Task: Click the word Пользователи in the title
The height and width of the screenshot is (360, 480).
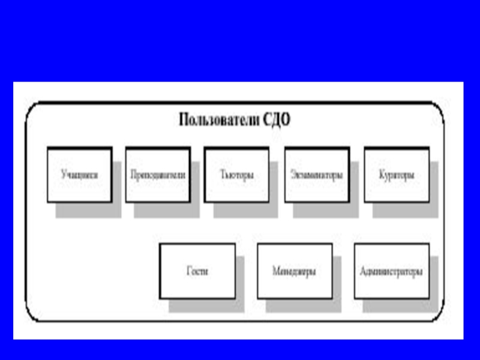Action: (219, 119)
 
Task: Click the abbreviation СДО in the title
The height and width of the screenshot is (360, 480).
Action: (277, 119)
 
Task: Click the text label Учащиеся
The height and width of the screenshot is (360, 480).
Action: (79, 176)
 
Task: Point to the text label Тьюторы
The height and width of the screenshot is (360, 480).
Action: (236, 176)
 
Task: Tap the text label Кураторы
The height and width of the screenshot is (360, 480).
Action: (397, 176)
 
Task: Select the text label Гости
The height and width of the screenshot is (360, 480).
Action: (197, 271)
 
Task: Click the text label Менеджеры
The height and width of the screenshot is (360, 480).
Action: (295, 271)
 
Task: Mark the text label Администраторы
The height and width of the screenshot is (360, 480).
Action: (391, 271)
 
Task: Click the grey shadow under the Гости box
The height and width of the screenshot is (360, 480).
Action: (207, 305)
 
